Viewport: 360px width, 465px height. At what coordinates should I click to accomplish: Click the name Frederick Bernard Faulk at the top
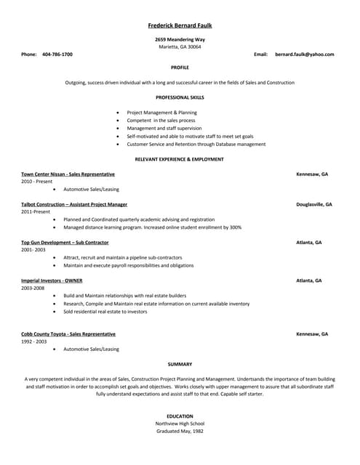[x=180, y=25]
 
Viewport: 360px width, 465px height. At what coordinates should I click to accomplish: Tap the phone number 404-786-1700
[x=57, y=54]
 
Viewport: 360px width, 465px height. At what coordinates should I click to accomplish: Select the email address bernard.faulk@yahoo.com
[x=304, y=54]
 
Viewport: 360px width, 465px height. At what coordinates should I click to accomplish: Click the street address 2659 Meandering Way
[x=180, y=39]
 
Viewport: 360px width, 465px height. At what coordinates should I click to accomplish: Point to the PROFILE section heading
[x=180, y=67]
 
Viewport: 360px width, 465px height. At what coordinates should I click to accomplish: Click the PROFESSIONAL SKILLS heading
[x=180, y=97]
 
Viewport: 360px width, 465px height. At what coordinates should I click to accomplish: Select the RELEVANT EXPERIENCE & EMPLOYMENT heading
[x=180, y=158]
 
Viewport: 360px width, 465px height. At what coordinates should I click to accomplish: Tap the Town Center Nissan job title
[x=68, y=174]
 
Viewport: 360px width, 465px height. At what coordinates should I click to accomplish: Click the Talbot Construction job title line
[x=74, y=204]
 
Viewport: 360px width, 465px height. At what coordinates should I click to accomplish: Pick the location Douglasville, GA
[x=314, y=204]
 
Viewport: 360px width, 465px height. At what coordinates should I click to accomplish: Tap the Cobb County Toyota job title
[x=68, y=333]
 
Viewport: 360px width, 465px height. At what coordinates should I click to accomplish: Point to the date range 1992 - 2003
[x=34, y=341]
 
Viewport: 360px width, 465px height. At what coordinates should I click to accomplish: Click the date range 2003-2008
[x=33, y=288]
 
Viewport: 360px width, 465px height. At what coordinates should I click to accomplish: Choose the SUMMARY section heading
[x=180, y=364]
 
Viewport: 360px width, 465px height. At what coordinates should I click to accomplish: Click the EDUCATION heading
[x=180, y=416]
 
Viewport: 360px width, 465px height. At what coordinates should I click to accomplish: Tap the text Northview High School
[x=180, y=424]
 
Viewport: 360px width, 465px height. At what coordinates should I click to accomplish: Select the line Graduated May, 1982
[x=180, y=432]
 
